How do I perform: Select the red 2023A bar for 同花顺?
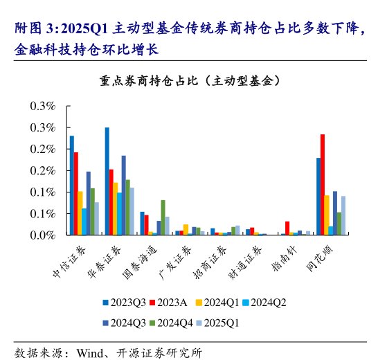point(323,184)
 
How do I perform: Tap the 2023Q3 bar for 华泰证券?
point(107,181)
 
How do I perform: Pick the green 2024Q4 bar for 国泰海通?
point(163,217)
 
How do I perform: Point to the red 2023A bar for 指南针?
point(287,228)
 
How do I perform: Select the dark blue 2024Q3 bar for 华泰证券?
point(124,195)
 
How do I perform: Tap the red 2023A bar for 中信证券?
point(76,193)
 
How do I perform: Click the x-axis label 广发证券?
point(170,260)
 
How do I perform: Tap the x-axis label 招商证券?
point(205,260)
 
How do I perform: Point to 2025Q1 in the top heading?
point(82,30)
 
